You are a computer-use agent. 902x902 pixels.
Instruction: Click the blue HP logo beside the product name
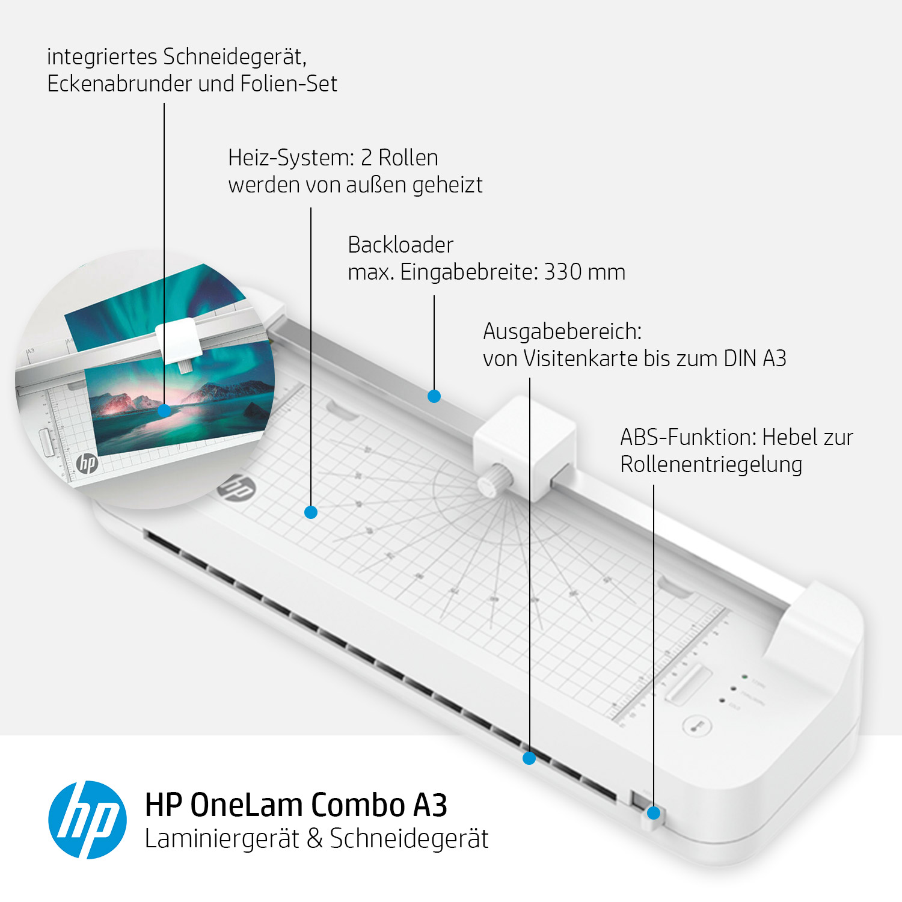[88, 820]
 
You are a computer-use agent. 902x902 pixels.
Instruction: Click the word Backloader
[400, 245]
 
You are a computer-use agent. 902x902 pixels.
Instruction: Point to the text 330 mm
[584, 272]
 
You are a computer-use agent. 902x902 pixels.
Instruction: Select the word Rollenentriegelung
[711, 464]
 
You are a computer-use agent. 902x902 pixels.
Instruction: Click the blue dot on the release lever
[654, 813]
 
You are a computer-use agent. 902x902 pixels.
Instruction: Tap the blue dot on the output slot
[529, 758]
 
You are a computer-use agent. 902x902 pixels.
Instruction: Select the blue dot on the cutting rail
[434, 396]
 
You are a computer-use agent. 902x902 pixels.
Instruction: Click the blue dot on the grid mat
[311, 512]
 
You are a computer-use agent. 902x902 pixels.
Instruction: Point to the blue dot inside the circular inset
[164, 411]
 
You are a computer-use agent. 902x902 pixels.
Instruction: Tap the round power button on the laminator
[698, 726]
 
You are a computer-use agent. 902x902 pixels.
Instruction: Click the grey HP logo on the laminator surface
[236, 488]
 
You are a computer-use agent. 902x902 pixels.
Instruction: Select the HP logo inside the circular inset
[87, 463]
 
